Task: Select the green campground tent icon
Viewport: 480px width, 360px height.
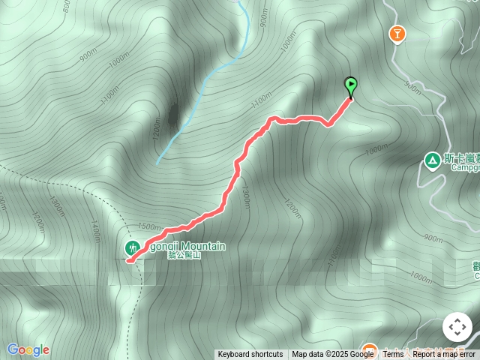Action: (432, 160)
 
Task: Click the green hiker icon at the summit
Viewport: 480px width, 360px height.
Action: (132, 247)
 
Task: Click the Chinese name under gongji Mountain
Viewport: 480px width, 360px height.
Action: (184, 255)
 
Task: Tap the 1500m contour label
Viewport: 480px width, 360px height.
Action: (149, 226)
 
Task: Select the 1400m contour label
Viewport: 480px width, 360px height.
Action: (95, 232)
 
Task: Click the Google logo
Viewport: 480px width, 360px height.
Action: (28, 349)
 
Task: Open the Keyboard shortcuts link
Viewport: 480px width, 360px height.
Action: (250, 354)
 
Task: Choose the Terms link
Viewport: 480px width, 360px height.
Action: (393, 354)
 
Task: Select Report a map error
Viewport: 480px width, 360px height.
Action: (445, 354)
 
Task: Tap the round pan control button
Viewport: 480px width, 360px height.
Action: (457, 327)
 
